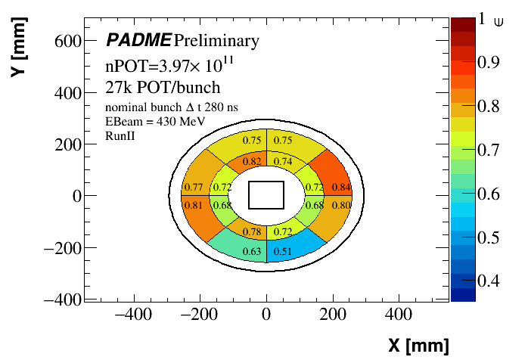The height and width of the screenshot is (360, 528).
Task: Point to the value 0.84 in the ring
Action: [341, 188]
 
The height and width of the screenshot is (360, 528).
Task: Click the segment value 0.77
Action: [193, 188]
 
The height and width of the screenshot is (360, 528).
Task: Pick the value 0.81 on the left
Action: [193, 205]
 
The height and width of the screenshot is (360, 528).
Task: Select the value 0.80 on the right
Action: [341, 205]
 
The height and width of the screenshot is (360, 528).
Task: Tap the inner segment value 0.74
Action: [282, 161]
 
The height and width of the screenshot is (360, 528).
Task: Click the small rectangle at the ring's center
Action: [266, 195]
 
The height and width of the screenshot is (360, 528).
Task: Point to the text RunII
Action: [120, 136]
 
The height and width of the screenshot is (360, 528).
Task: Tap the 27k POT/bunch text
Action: [152, 87]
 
